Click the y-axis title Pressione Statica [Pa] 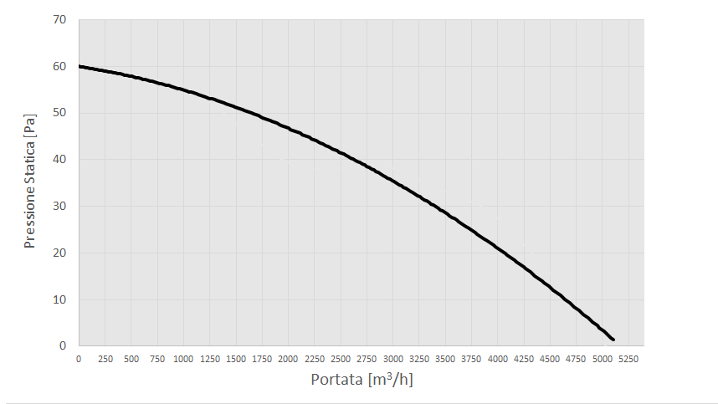(30, 182)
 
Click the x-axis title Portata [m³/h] (362, 379)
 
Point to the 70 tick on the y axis (60, 20)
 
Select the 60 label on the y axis (60, 67)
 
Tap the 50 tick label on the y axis (60, 113)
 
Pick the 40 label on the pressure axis (60, 160)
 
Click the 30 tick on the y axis (60, 207)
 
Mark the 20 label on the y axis (60, 253)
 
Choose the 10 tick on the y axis (60, 299)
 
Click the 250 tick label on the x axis (105, 359)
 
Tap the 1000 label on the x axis (183, 359)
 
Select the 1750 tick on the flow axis (262, 359)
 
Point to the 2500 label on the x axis (341, 359)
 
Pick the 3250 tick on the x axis (419, 359)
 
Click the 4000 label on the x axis (498, 359)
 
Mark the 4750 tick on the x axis (577, 359)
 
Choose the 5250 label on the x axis (629, 359)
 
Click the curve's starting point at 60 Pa (79, 66)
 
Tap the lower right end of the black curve (613, 339)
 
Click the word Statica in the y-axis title (30, 167)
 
